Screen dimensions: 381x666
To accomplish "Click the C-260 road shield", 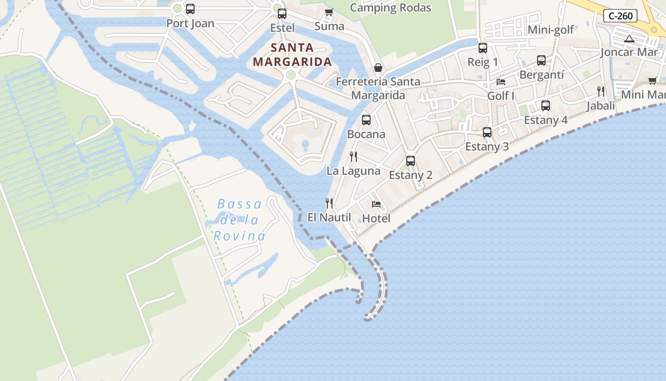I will click(621, 16).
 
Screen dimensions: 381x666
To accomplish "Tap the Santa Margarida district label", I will click(292, 54).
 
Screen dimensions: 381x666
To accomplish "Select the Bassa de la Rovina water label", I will click(239, 220).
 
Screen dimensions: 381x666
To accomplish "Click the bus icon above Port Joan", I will click(190, 9).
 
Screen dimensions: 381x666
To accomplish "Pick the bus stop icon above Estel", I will click(282, 14).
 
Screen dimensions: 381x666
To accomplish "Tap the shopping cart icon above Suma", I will click(329, 12).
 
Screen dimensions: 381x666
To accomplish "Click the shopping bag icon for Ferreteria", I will click(378, 68).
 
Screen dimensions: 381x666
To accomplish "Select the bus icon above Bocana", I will click(366, 120).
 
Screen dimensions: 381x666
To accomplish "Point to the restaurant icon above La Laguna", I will click(353, 156).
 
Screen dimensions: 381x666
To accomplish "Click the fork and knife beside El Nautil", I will click(329, 203).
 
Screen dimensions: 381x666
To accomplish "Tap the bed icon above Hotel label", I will click(376, 204).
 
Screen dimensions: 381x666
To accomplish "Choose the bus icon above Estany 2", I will click(411, 161).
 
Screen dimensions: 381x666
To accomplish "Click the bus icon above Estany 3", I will click(487, 132).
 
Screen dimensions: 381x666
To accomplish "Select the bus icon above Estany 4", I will click(546, 106).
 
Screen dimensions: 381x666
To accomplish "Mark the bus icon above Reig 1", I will click(483, 48).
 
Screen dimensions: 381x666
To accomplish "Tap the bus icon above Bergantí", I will click(541, 60).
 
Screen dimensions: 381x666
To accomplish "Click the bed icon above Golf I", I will click(501, 82).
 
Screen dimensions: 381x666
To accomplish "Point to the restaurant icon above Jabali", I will click(601, 91).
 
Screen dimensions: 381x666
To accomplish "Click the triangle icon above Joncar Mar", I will click(629, 39).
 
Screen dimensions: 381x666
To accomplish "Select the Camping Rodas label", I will click(391, 8).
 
